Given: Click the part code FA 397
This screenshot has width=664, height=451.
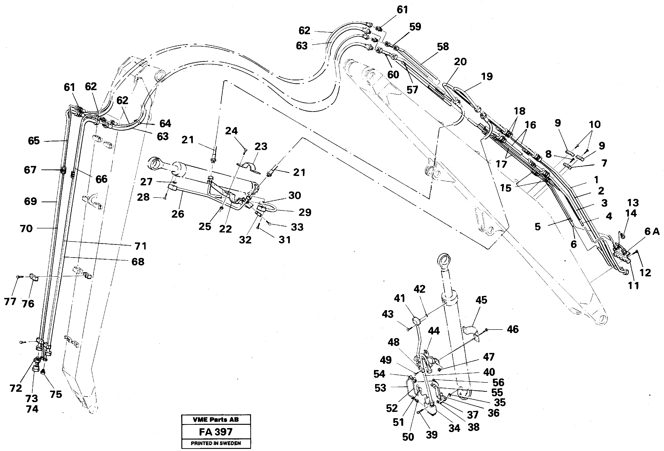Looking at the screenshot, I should (x=216, y=432).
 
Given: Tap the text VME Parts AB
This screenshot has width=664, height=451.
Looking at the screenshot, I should (x=216, y=420).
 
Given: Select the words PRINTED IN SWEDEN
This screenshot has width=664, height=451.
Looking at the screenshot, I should (x=216, y=443).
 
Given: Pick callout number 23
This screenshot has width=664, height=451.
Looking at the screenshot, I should (x=261, y=147).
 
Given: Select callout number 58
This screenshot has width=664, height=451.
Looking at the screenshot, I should (x=443, y=47).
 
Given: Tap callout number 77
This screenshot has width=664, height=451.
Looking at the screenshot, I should (x=10, y=301).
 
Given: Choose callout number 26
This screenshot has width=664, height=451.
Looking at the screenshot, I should (x=178, y=214).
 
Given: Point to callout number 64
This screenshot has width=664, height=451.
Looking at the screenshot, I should (x=165, y=124).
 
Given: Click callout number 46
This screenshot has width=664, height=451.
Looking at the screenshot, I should (x=513, y=329).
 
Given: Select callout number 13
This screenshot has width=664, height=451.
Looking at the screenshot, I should (x=633, y=203).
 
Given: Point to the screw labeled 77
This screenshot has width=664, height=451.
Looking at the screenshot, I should (x=18, y=277).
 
